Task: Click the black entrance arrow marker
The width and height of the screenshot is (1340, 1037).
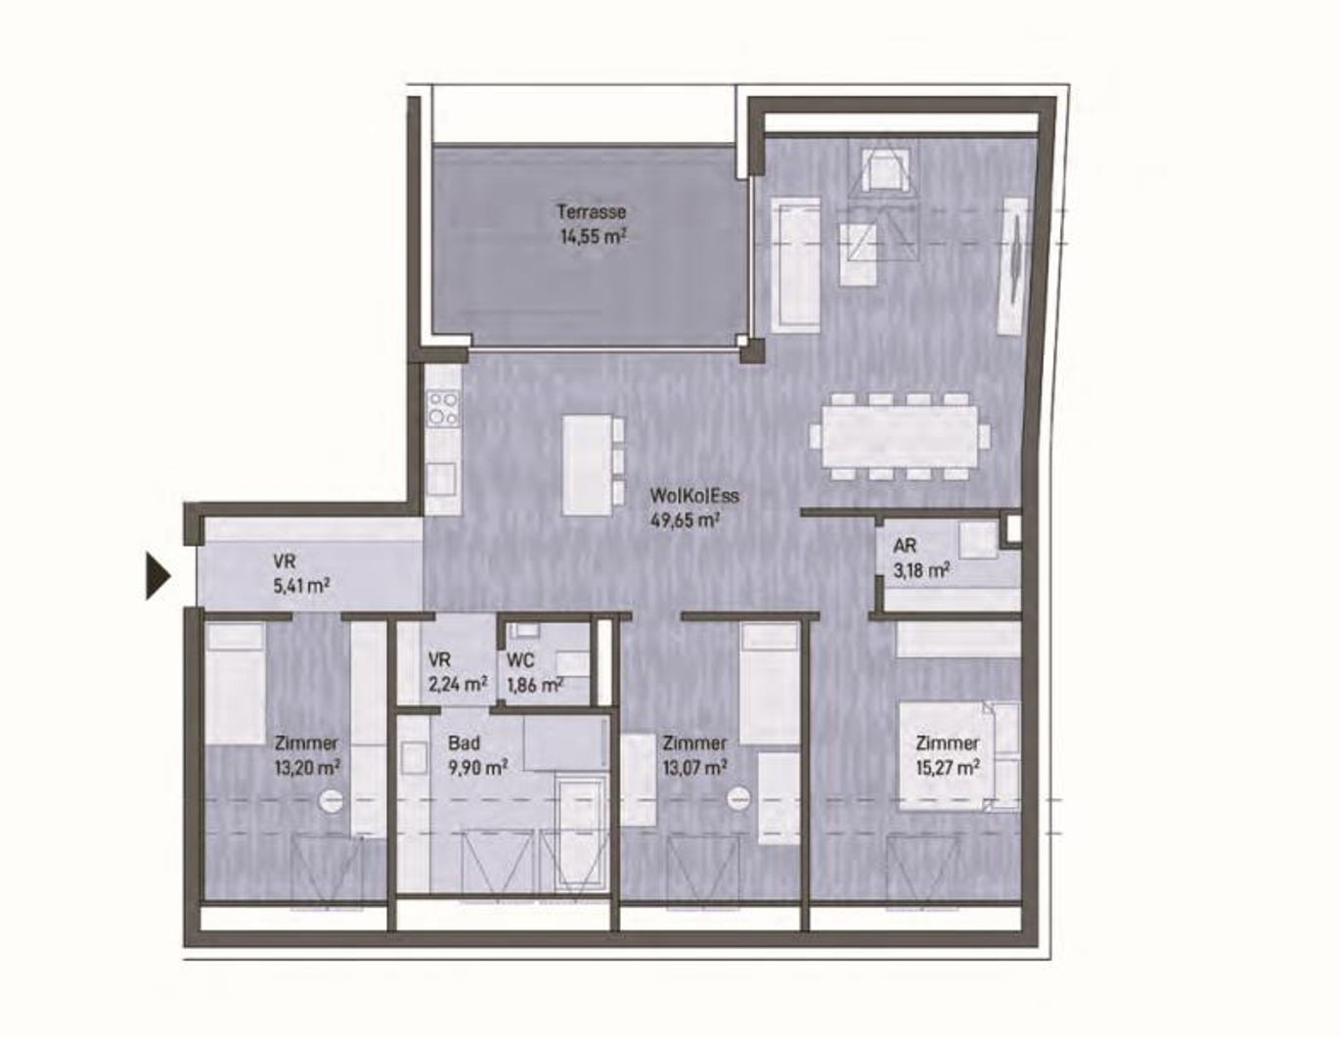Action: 157,575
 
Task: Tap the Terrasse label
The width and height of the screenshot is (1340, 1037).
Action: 591,211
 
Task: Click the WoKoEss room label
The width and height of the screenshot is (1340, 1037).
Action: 694,496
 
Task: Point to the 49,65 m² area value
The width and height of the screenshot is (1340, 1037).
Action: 685,519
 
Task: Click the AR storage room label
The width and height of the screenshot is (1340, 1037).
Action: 905,546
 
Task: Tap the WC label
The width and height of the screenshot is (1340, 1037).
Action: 520,660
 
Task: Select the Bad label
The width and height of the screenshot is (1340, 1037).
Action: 464,744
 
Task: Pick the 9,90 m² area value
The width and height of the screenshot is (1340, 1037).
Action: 477,768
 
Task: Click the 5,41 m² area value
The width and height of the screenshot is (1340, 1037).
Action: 300,586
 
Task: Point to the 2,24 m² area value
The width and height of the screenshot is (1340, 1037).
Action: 457,684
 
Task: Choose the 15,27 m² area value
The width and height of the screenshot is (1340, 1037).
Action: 947,768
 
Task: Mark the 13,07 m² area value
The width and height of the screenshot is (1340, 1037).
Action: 693,768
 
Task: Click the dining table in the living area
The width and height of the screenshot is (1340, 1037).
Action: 900,435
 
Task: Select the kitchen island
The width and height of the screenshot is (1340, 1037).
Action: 587,465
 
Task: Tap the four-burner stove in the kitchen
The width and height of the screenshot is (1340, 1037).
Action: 443,407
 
